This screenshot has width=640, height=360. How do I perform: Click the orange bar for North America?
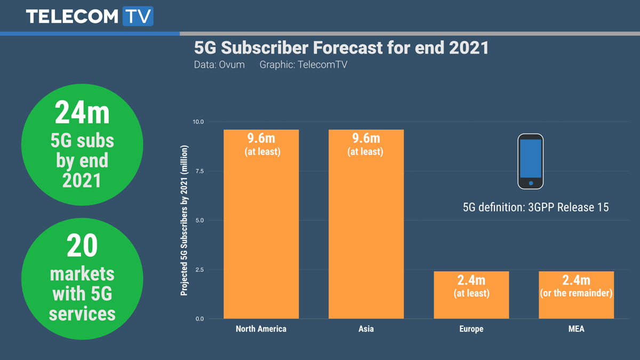point(261,224)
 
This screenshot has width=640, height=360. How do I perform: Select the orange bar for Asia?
point(366,224)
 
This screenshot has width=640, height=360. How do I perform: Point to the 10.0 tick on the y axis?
point(198,122)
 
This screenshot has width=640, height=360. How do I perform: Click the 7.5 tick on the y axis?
point(199,171)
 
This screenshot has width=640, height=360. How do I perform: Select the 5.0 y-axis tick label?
point(199,220)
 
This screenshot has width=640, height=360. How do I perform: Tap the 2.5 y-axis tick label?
point(199,270)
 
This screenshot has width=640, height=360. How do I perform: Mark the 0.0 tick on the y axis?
point(199,319)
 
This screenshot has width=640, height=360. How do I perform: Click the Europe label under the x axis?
point(471,329)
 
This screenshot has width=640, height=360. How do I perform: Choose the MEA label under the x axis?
point(576,329)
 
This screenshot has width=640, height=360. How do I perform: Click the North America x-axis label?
point(261,329)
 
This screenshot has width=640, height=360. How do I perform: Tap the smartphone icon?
point(531,161)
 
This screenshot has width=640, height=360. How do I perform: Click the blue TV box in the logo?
point(138,16)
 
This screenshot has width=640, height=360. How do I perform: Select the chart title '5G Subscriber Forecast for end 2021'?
point(341,48)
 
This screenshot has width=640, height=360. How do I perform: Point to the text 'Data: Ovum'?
point(219,65)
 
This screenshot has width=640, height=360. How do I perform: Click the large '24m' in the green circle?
point(82,114)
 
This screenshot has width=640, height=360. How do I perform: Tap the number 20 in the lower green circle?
point(82,246)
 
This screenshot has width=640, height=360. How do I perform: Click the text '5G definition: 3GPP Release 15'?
point(535,207)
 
